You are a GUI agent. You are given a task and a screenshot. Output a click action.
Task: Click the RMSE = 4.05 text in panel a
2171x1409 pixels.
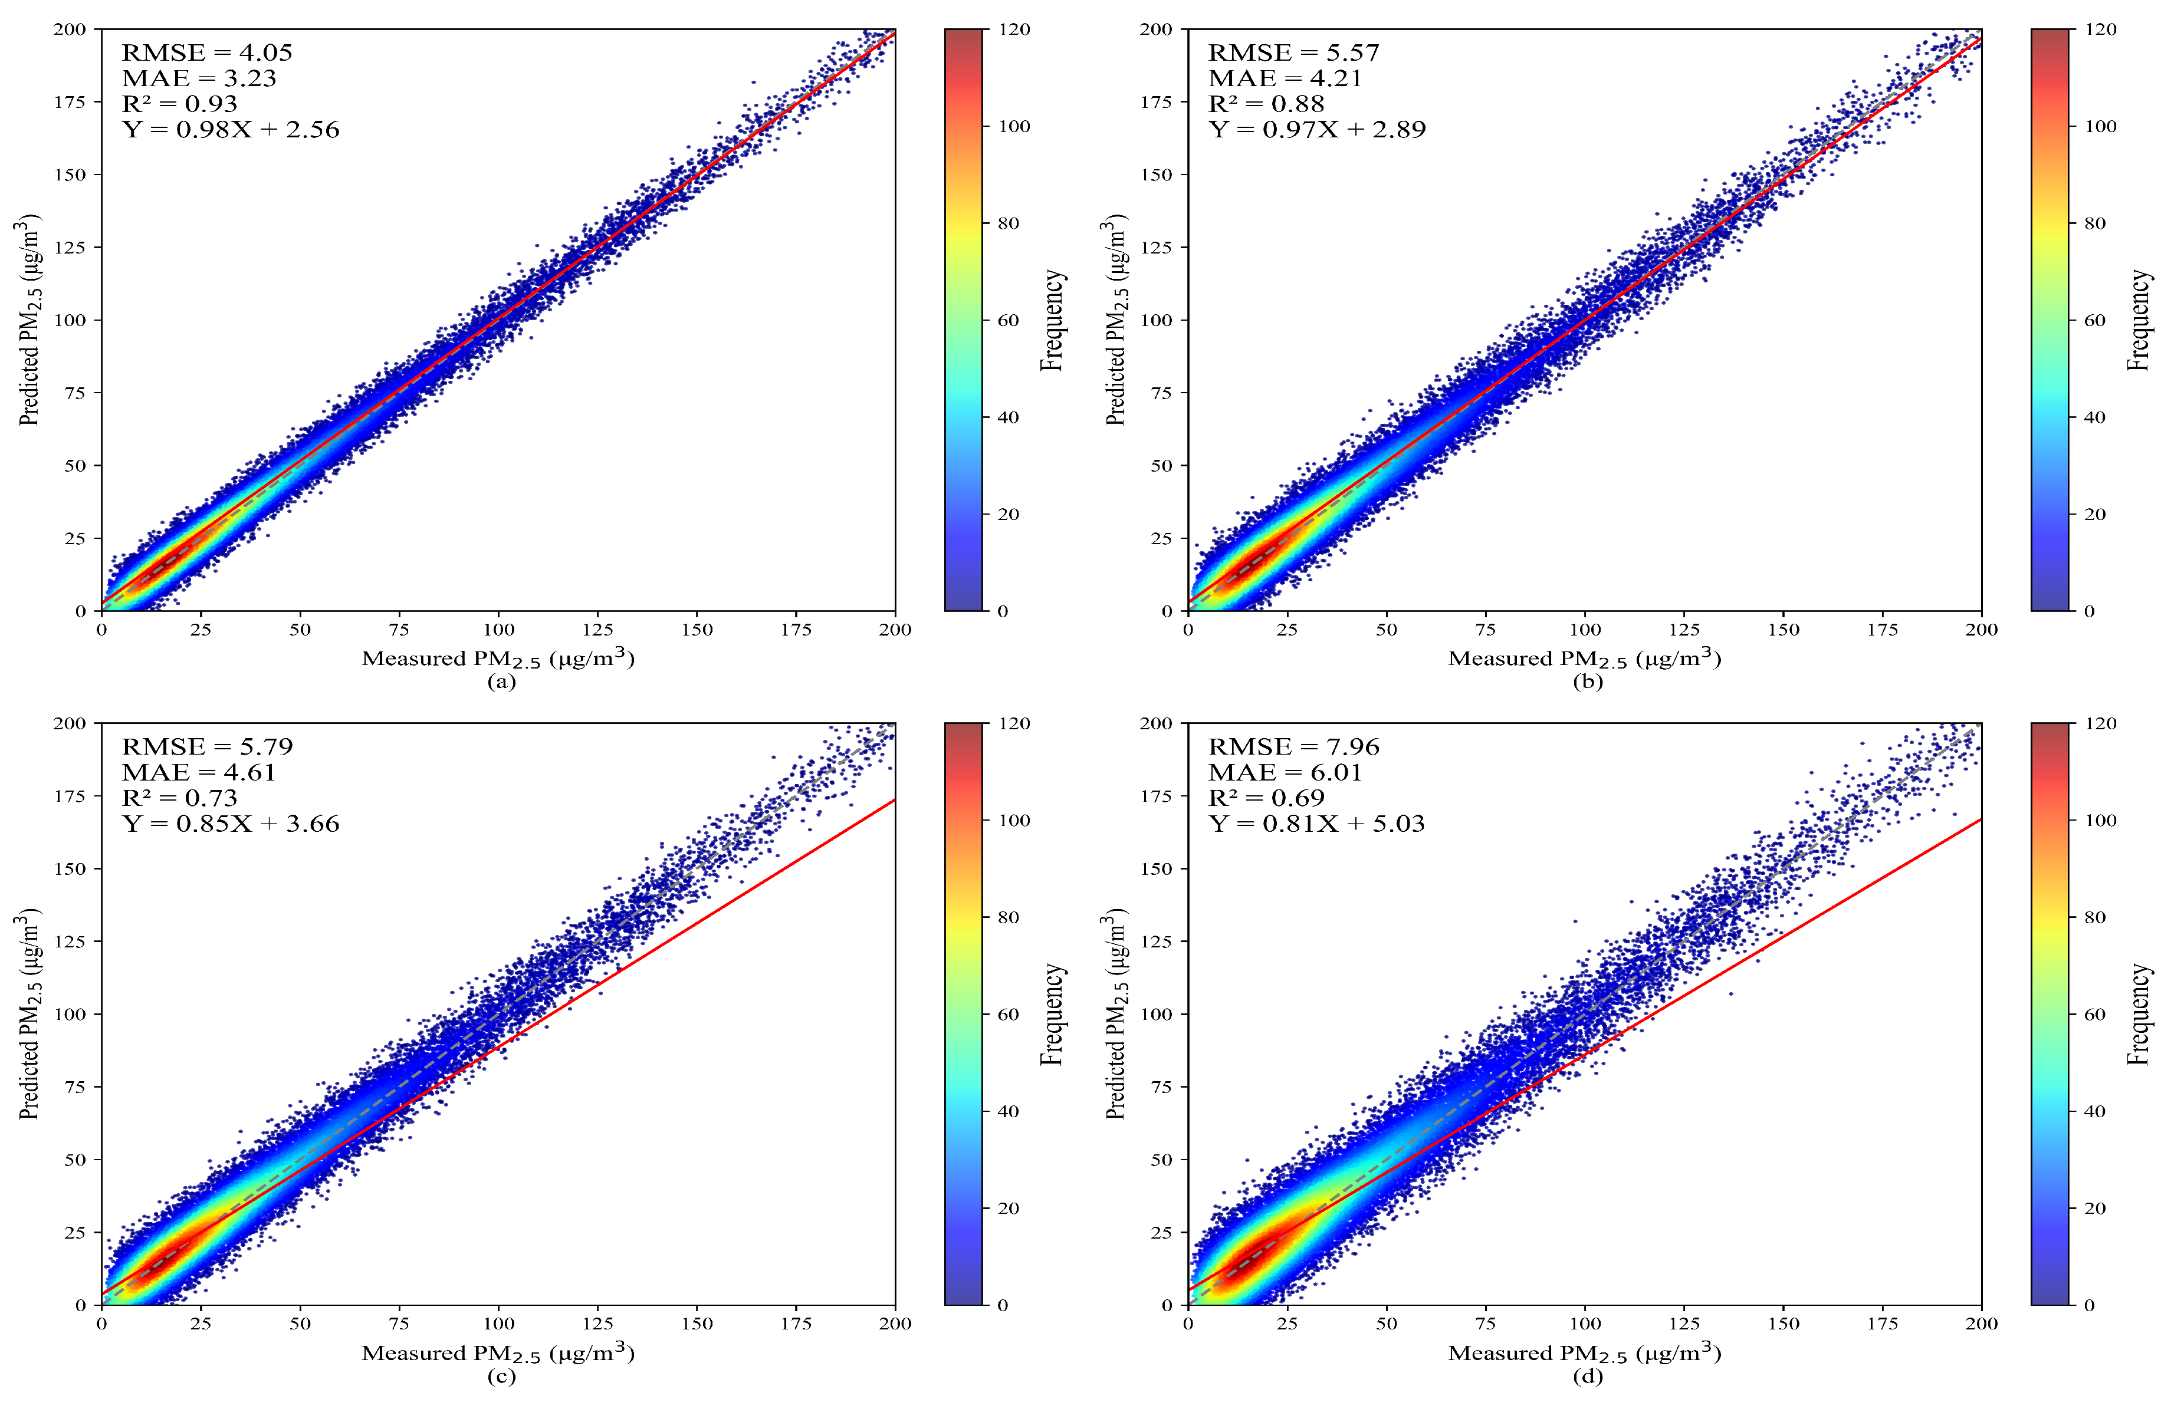tap(207, 53)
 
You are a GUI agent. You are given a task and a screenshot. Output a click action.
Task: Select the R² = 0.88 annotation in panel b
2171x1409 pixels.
tap(1266, 104)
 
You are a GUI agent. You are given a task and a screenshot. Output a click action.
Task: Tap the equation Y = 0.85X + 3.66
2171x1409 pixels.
tap(231, 824)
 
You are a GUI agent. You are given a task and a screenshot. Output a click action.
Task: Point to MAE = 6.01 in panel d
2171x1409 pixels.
tap(1285, 772)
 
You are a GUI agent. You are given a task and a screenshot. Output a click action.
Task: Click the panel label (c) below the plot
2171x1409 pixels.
tap(501, 1376)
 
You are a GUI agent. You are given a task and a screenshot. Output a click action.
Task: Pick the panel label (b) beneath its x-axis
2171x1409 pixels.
tap(1587, 682)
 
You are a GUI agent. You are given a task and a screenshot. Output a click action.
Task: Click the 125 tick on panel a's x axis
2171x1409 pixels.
tap(597, 629)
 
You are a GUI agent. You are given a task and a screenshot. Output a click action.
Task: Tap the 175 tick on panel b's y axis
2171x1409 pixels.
tap(1156, 101)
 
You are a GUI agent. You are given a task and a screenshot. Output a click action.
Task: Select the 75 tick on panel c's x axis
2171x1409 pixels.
tap(399, 1324)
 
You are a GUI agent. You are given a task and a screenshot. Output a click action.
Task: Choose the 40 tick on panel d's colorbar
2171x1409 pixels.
tap(2094, 1111)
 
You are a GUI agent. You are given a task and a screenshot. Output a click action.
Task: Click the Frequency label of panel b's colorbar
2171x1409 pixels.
tap(2139, 320)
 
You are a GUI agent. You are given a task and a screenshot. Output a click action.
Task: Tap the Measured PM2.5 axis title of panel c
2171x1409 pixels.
tap(497, 1352)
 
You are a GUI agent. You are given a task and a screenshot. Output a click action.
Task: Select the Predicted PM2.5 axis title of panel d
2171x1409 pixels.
tap(1115, 1013)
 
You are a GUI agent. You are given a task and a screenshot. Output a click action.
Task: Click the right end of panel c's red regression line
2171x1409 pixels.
tap(894, 800)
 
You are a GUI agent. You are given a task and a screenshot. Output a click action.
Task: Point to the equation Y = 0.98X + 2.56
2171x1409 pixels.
tap(231, 130)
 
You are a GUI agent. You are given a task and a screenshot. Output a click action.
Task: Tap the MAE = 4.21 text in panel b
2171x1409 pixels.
tap(1285, 78)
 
